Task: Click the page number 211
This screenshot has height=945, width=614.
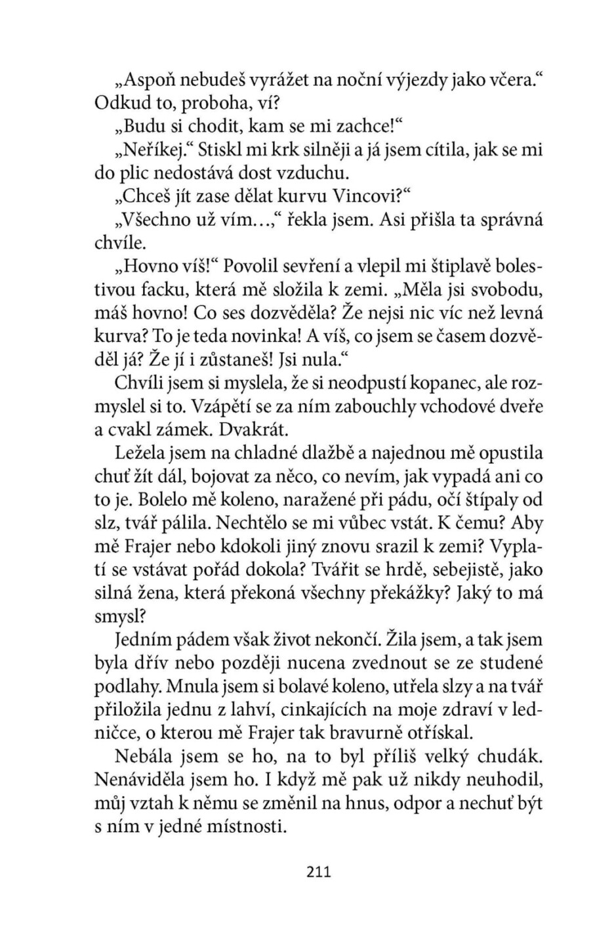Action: coord(318,871)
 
